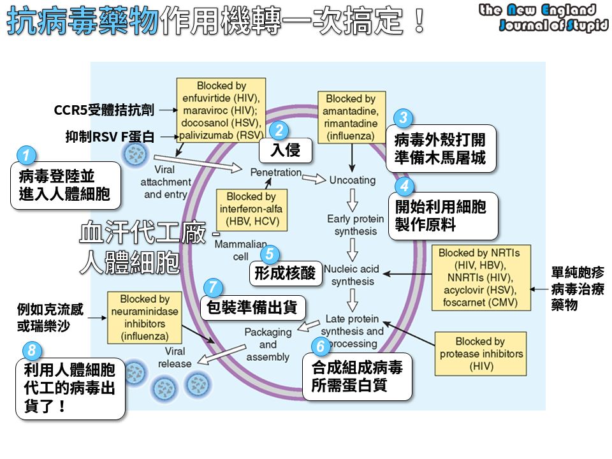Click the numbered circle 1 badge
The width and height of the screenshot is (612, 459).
click(x=25, y=155)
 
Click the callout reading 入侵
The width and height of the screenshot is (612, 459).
click(x=285, y=150)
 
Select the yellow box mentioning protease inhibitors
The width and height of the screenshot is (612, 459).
click(x=480, y=354)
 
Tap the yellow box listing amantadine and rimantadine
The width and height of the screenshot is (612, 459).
click(x=351, y=117)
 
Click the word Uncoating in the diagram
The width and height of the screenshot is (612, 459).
click(x=353, y=180)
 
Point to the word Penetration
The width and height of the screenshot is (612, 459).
click(x=275, y=172)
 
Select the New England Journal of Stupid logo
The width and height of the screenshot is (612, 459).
click(x=544, y=18)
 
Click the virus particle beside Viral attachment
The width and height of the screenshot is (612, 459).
click(x=135, y=154)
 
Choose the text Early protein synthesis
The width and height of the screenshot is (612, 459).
click(x=355, y=225)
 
